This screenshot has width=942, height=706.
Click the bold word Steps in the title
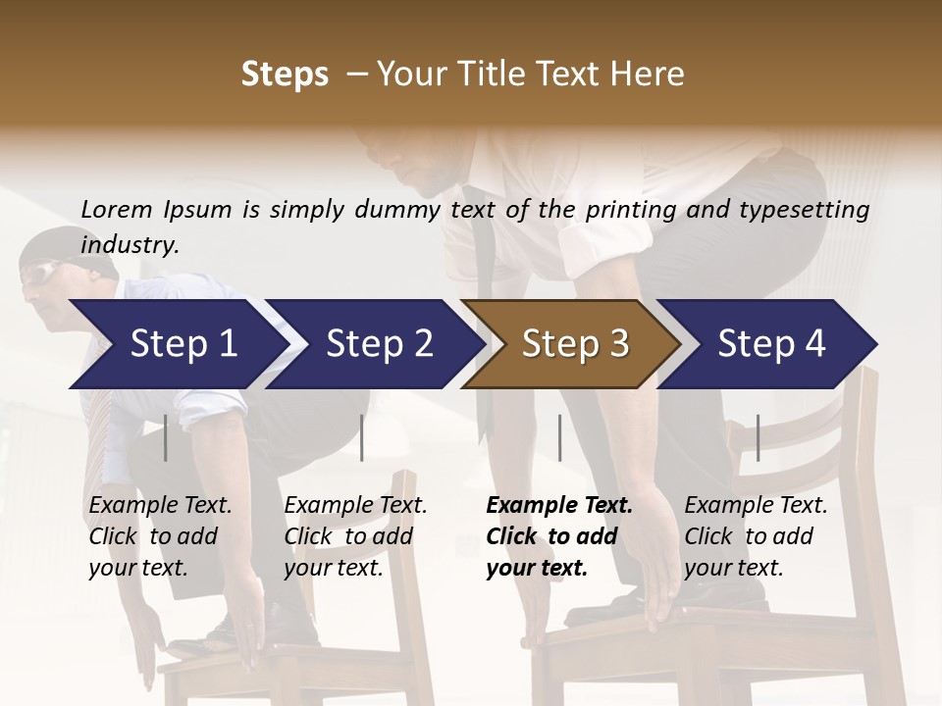[285, 74]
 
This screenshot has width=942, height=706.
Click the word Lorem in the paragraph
[117, 209]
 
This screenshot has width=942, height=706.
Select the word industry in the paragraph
[130, 244]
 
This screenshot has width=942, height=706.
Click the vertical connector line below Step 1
[166, 437]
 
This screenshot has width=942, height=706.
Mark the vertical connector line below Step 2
[362, 437]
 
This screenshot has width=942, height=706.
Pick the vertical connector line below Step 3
[560, 437]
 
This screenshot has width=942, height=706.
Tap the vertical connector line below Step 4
[758, 437]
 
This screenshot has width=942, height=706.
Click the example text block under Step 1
[160, 536]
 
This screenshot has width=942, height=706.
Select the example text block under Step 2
[355, 536]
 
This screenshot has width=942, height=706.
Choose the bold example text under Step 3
[559, 536]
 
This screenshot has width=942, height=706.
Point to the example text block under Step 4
[756, 536]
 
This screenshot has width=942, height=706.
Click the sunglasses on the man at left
[40, 274]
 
